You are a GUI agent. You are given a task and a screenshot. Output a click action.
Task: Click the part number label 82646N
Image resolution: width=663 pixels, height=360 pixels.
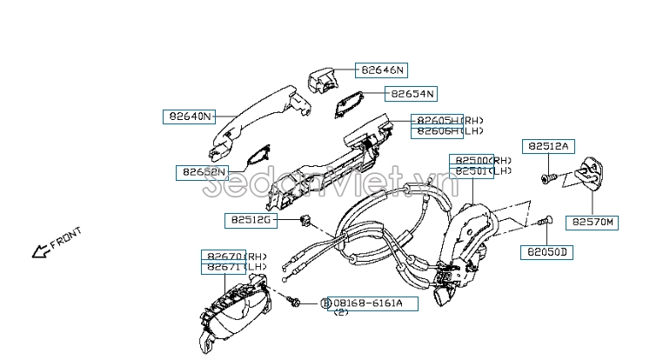point(384,70)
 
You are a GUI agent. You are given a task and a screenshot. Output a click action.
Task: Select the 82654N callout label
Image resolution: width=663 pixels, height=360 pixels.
point(411,93)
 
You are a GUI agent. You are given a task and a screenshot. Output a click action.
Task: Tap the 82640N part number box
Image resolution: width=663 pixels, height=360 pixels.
point(189,116)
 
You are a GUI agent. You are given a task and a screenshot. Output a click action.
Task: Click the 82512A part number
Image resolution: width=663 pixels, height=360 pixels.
point(546,147)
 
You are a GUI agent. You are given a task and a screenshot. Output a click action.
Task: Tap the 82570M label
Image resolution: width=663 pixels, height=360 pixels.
point(593,223)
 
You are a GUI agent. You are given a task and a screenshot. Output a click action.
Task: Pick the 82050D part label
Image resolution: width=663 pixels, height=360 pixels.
point(546,253)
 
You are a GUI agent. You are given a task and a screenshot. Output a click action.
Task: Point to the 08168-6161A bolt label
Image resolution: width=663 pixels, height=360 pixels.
point(374,303)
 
